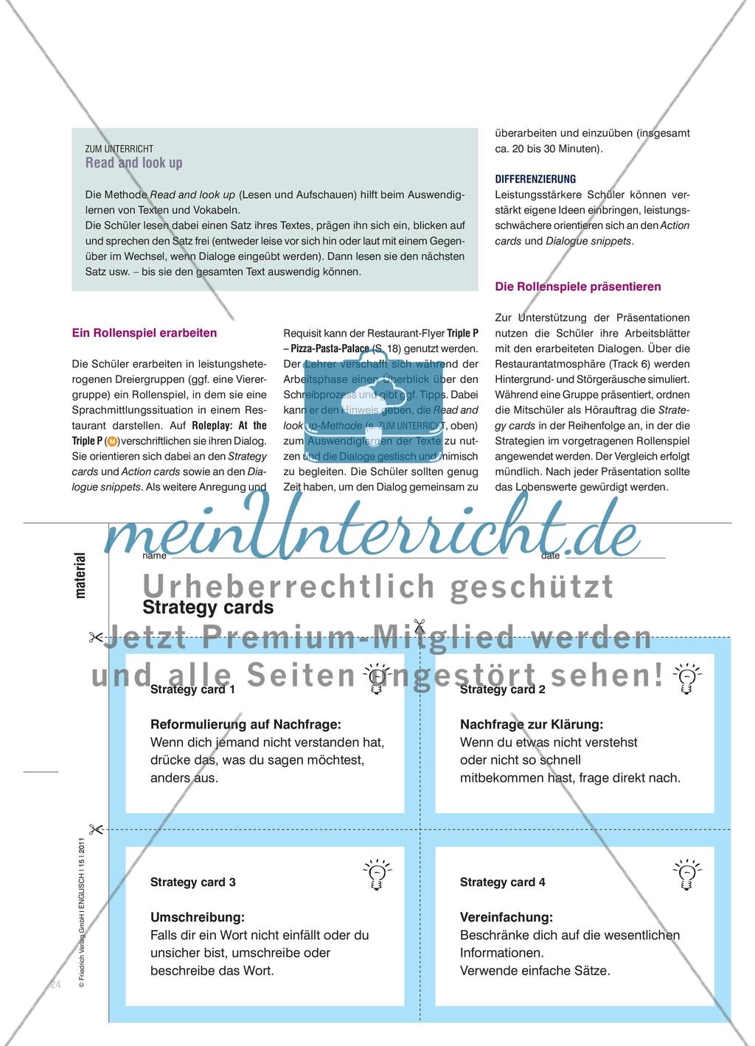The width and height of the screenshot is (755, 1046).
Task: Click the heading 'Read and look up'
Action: tap(133, 163)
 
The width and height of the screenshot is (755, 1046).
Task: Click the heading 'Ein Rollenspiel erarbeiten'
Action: tap(145, 333)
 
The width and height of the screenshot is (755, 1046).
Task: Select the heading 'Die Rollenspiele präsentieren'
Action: tap(578, 287)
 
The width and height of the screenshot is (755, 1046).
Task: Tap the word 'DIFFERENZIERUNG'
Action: tap(535, 179)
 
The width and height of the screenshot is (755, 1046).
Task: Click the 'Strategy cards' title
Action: tap(208, 608)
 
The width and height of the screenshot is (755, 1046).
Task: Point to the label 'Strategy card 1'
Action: tap(192, 689)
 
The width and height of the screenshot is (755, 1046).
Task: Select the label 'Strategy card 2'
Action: tap(503, 689)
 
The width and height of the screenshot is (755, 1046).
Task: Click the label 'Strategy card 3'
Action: tap(192, 882)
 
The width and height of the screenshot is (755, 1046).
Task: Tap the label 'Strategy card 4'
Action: tap(503, 882)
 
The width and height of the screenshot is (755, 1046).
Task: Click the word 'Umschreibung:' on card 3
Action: tap(197, 917)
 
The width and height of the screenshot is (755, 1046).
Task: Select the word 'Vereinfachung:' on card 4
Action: tap(506, 917)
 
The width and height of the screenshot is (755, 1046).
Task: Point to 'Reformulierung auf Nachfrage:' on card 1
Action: tap(246, 725)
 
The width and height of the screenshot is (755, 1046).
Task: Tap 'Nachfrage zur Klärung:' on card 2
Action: tap(531, 725)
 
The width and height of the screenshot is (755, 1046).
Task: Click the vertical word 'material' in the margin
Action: tap(80, 575)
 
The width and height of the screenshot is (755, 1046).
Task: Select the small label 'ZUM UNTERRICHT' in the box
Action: tap(119, 149)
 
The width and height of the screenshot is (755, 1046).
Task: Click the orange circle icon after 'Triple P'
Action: tap(111, 442)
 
